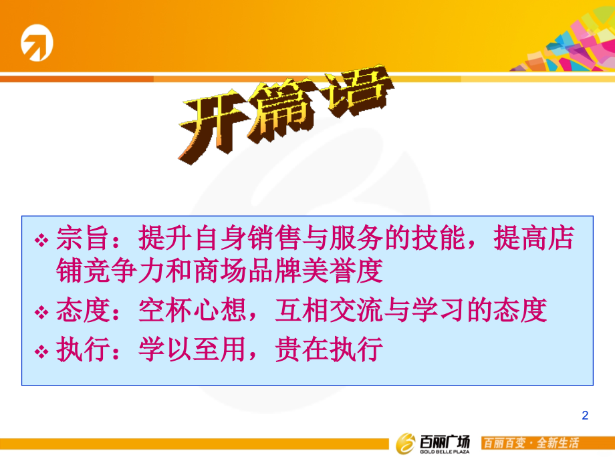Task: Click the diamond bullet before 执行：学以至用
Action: pyautogui.click(x=42, y=350)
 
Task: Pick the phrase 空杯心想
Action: pyautogui.click(x=182, y=311)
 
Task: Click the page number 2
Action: pyautogui.click(x=586, y=416)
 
